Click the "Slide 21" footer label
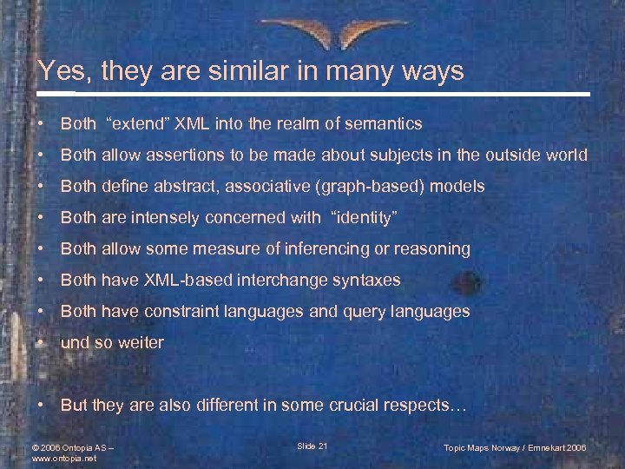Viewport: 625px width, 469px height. [312, 446]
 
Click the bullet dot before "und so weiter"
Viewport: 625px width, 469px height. [42, 343]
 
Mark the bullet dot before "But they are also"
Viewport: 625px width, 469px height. [42, 406]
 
